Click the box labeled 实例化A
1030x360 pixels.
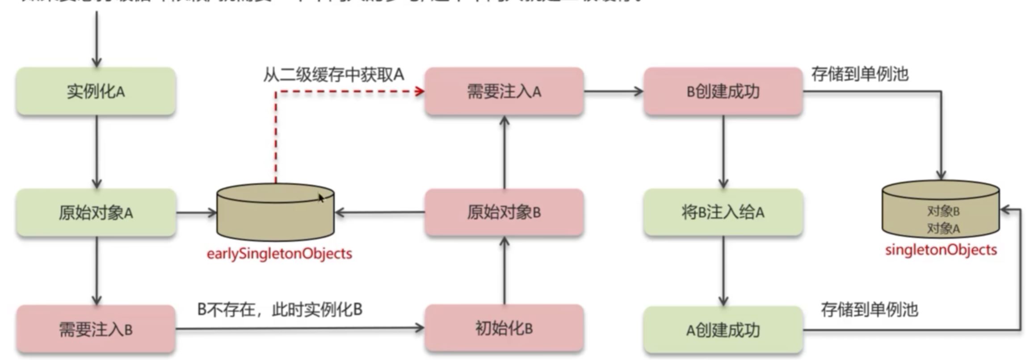(x=96, y=92)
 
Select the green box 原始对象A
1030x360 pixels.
(x=96, y=213)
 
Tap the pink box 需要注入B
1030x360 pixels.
(x=96, y=330)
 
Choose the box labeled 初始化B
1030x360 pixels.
(x=504, y=329)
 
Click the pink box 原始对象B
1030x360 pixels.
(x=504, y=212)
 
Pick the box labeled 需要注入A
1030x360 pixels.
(x=504, y=92)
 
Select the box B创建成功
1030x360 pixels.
(x=723, y=92)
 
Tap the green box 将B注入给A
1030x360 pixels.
(x=723, y=212)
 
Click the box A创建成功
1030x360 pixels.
(x=723, y=331)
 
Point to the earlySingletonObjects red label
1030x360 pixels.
(x=279, y=254)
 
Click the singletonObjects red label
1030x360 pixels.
(x=941, y=250)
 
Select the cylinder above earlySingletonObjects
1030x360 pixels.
(x=275, y=213)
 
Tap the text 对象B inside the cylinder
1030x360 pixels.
(x=943, y=211)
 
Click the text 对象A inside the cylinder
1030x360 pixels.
(x=943, y=229)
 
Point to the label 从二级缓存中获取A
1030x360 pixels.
(x=333, y=75)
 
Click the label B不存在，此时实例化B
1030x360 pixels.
(x=280, y=310)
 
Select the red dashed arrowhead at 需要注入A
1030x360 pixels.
(x=420, y=92)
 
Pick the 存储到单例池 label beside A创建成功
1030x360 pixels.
(x=869, y=310)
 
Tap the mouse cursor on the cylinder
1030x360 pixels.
(x=320, y=198)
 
